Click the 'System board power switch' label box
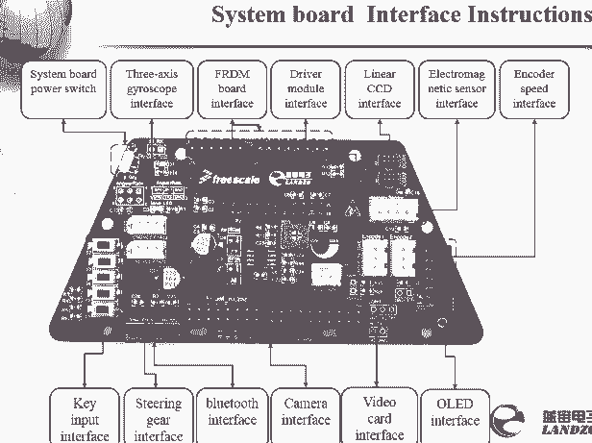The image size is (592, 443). coord(62,88)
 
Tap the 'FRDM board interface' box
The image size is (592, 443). coord(231,88)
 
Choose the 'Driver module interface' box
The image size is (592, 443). coord(306,88)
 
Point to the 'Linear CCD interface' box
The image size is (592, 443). coord(380,88)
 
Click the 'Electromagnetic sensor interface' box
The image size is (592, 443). coord(455,88)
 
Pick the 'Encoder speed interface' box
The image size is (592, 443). coord(533,88)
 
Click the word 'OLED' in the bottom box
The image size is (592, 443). coord(455,404)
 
